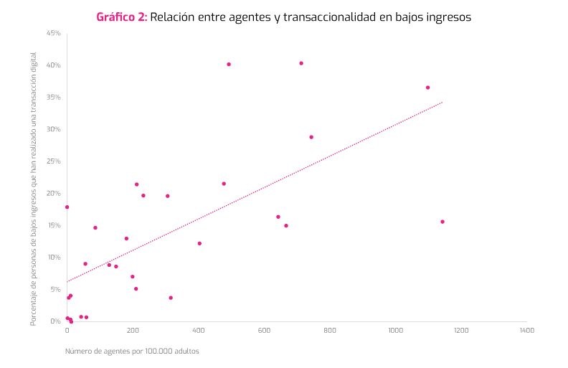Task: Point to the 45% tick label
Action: click(x=54, y=33)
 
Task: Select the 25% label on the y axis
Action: click(x=54, y=161)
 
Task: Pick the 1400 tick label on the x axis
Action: click(x=526, y=331)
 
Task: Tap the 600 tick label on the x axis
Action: click(x=264, y=331)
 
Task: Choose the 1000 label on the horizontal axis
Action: click(x=395, y=331)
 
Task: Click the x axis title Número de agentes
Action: click(x=132, y=352)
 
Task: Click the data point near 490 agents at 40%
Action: click(x=229, y=64)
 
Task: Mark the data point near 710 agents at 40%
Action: click(x=301, y=63)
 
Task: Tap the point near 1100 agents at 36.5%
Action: click(x=428, y=88)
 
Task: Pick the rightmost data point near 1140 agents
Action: click(x=442, y=222)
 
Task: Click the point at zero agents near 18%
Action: click(x=67, y=207)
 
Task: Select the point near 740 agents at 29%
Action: click(x=311, y=137)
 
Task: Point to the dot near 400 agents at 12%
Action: click(x=199, y=243)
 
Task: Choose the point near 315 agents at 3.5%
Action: click(x=171, y=298)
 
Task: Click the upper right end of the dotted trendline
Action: click(x=442, y=103)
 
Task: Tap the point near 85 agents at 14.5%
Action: click(x=95, y=228)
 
